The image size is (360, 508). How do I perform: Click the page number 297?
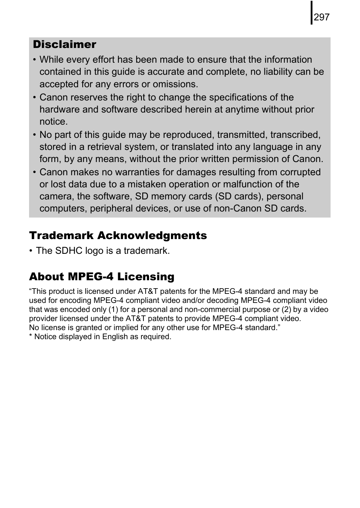(322, 17)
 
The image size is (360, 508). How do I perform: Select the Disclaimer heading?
(65, 45)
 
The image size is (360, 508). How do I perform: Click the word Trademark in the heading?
(62, 236)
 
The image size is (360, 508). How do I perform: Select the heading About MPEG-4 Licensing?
(102, 277)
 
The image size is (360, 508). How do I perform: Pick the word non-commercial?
(212, 310)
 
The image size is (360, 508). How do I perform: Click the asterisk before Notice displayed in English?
(31, 336)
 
